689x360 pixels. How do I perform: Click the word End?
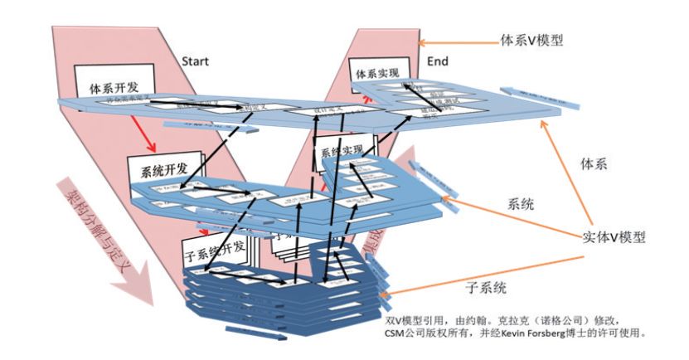(437, 61)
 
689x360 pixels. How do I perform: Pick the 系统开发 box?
(161, 170)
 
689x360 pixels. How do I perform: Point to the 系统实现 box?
(341, 150)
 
